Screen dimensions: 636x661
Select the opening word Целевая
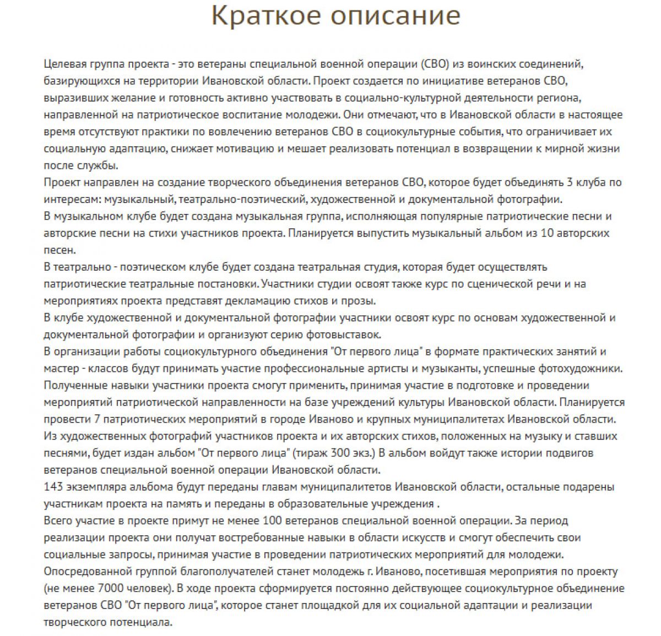point(64,64)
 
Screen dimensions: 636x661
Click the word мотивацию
point(229,149)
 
